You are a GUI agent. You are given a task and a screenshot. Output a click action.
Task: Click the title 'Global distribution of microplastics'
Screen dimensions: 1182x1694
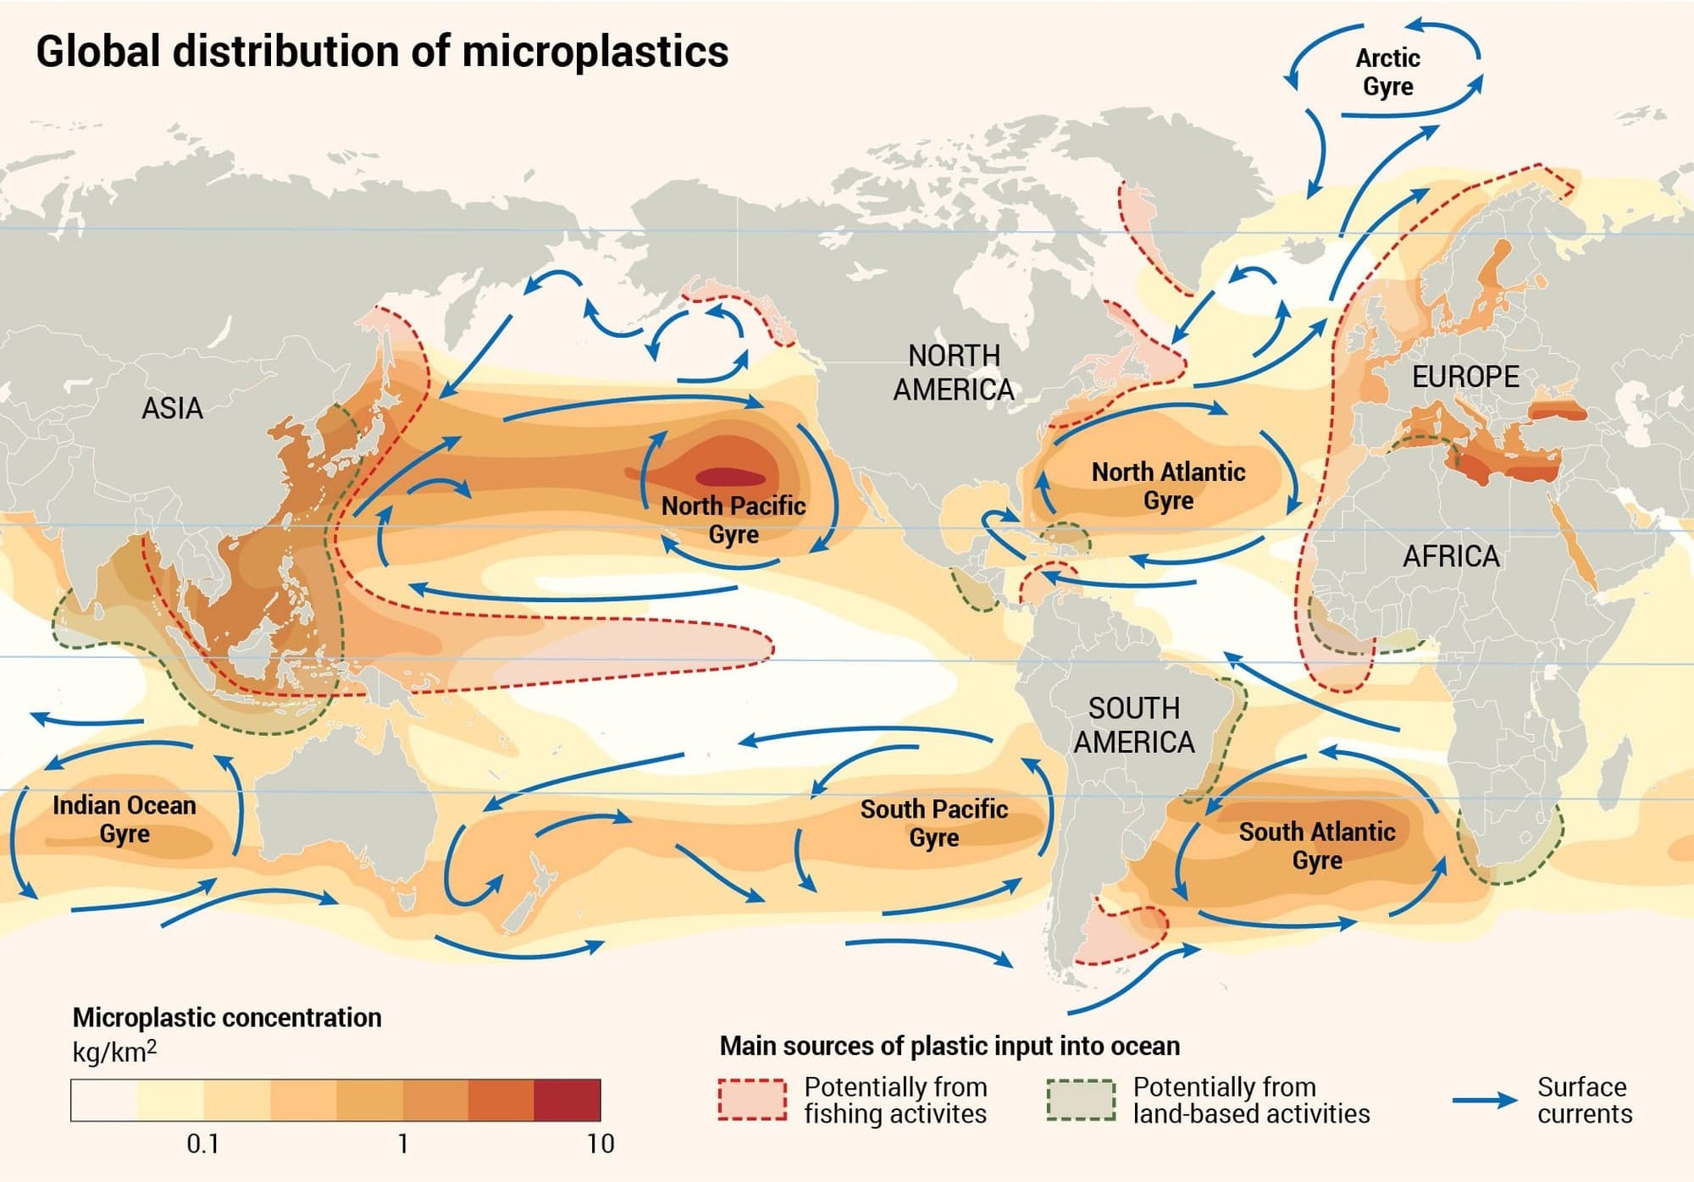382,52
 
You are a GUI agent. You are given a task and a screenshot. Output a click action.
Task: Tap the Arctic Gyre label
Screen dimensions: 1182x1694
1387,72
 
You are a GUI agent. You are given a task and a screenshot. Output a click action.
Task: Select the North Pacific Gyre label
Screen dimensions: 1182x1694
733,519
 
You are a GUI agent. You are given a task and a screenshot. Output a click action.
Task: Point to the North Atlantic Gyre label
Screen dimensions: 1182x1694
1168,485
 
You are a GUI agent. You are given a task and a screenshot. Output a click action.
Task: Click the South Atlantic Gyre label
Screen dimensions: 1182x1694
1316,845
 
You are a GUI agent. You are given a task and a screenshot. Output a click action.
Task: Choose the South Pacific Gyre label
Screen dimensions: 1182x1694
933,822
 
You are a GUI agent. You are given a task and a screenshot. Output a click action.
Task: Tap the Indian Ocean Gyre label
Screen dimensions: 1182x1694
125,818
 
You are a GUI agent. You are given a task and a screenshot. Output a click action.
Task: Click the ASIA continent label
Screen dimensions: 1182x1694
172,408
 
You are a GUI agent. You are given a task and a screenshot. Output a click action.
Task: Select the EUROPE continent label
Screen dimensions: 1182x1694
1464,377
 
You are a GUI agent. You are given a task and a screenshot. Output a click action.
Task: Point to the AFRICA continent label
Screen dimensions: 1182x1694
1450,556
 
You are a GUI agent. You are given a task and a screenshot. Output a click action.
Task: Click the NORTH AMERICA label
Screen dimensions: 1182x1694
954,373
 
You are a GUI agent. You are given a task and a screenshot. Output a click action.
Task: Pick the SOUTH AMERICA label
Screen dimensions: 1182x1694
1133,725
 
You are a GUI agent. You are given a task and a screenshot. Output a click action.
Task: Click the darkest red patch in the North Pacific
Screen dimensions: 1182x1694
729,476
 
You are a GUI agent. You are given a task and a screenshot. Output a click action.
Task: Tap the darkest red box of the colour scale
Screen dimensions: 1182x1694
567,1100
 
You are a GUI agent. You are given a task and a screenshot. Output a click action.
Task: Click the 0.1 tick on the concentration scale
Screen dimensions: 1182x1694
203,1144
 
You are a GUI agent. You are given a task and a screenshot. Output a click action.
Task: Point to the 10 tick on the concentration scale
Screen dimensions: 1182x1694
600,1144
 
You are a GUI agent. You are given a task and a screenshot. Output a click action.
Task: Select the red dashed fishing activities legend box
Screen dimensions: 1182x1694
752,1100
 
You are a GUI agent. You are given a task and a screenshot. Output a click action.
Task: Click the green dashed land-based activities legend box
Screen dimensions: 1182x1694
1080,1100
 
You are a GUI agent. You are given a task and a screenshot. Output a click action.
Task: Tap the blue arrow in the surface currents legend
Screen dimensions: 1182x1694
1484,1100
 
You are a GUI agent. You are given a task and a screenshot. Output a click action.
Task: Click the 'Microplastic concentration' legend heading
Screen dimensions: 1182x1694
227,1017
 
